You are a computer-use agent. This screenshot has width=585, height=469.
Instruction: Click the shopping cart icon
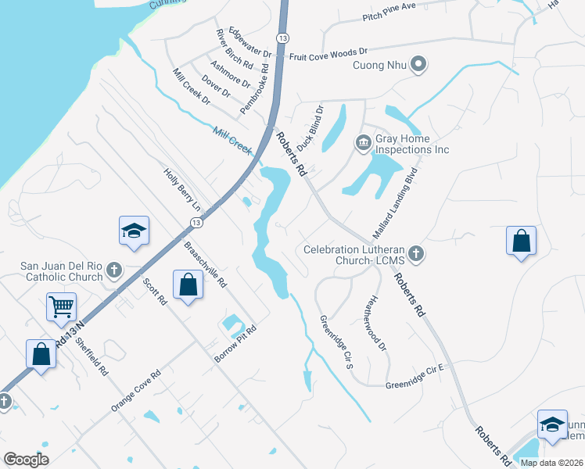point(61,307)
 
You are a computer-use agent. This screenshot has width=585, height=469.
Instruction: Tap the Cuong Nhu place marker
point(418,65)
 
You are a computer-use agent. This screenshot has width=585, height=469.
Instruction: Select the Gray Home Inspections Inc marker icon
point(364,142)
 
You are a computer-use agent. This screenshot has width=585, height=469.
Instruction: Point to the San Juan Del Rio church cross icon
point(114,270)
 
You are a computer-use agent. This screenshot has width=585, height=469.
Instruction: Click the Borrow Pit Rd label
point(235,342)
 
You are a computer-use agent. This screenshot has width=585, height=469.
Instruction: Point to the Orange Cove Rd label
point(136,390)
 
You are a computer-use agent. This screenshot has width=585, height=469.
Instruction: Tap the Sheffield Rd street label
point(92,355)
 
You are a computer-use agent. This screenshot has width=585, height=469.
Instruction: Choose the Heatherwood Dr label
point(377,322)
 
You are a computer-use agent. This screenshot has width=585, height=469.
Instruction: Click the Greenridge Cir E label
point(415,385)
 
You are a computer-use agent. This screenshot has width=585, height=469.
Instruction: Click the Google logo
point(27,460)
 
